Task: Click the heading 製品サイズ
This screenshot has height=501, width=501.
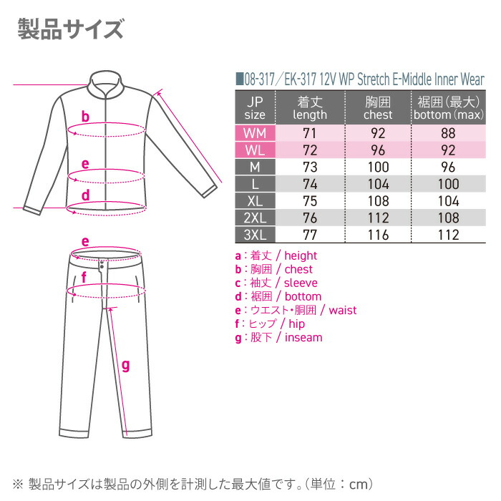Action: [70, 31]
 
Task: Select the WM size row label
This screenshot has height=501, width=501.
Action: [254, 133]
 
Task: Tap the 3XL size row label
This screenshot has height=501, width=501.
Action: [254, 234]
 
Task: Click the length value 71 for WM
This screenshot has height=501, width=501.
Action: [310, 133]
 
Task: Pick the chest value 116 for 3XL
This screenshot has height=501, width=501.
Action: [378, 234]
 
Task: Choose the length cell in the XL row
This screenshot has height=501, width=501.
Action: [310, 200]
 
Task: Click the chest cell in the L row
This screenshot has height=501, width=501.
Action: [378, 184]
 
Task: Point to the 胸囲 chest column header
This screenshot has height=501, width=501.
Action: [378, 108]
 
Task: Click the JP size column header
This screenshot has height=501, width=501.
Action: [254, 108]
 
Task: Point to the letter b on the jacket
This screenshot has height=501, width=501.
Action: [85, 117]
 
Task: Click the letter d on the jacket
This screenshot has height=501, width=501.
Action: [85, 194]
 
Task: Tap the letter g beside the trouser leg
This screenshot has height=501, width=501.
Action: [125, 366]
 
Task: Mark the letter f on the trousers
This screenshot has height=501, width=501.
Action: [84, 277]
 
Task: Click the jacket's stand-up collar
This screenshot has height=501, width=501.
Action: [107, 86]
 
